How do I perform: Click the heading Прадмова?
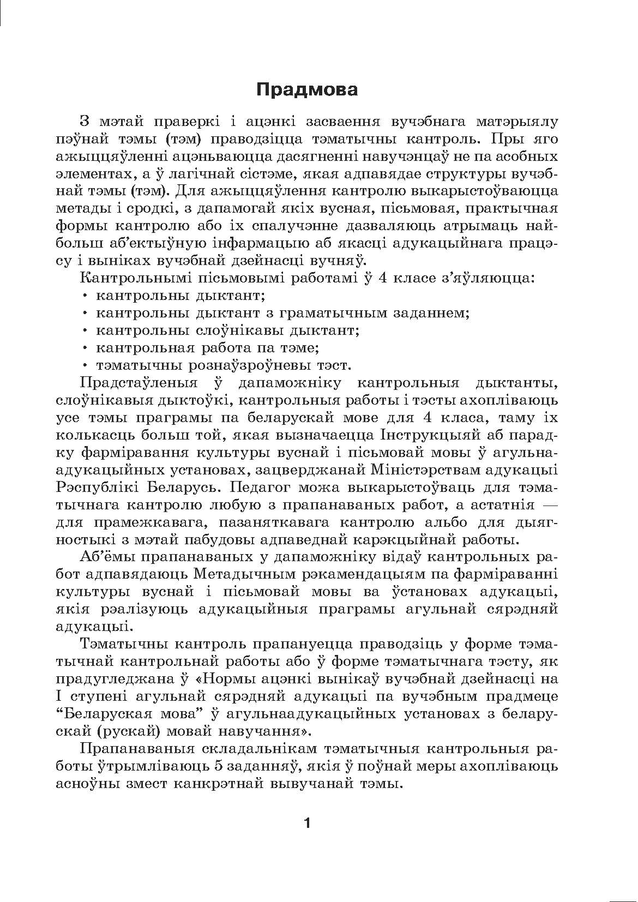click(x=307, y=89)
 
